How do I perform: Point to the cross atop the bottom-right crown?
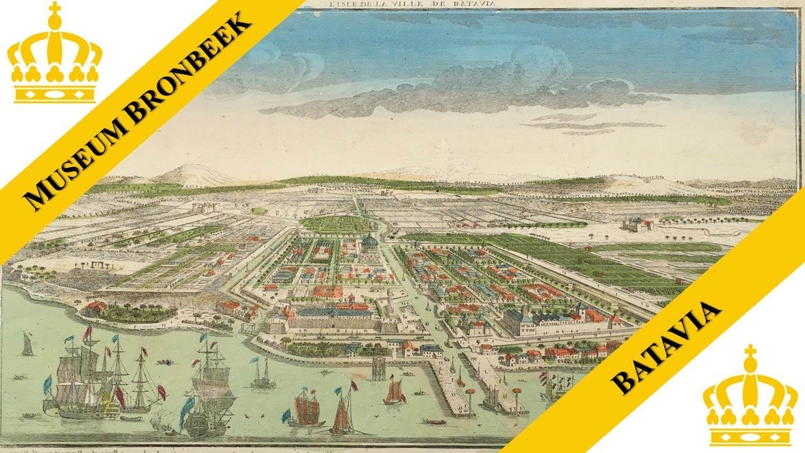pos(749,352)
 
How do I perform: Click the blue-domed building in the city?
pos(369,242)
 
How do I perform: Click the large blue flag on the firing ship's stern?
pos(187,409)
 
